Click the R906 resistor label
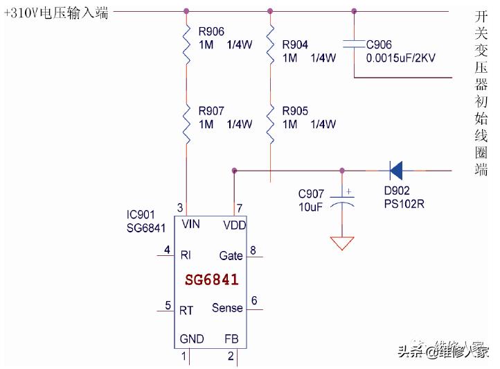click(x=211, y=31)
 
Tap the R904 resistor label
click(x=295, y=45)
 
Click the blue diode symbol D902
click(x=396, y=170)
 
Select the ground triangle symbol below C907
click(x=342, y=243)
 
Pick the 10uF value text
click(x=310, y=206)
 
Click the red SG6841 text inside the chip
click(x=212, y=280)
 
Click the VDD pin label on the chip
click(x=234, y=225)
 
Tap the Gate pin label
click(x=231, y=255)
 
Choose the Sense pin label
click(x=227, y=307)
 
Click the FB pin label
click(x=231, y=338)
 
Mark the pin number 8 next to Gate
click(x=253, y=250)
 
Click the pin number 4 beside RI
click(x=167, y=250)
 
